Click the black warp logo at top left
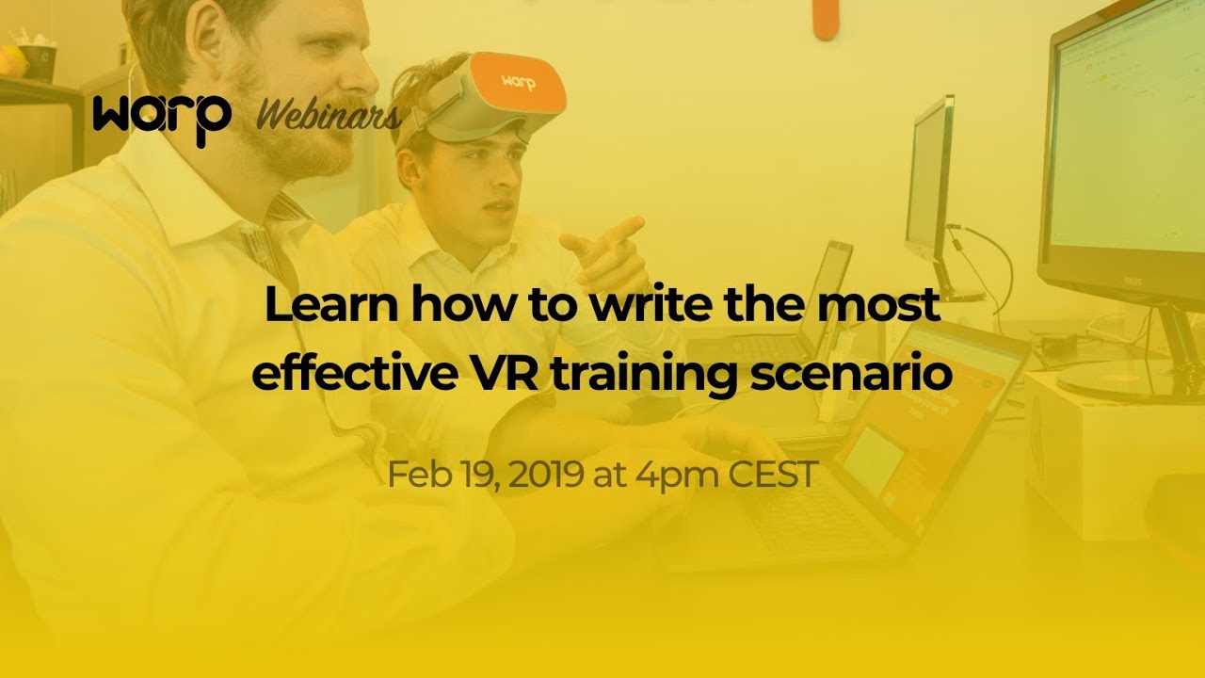tap(161, 117)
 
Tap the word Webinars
tap(329, 117)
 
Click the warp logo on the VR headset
tap(518, 83)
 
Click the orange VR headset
tap(499, 94)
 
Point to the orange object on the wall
tap(826, 19)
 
